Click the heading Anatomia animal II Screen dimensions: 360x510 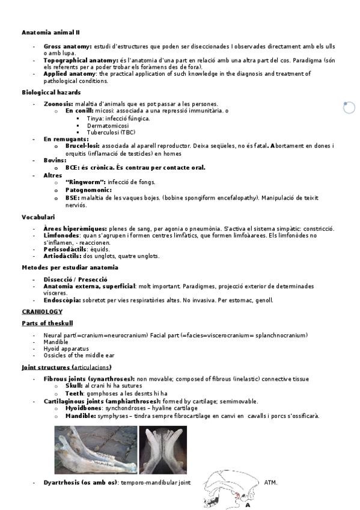pyautogui.click(x=50, y=32)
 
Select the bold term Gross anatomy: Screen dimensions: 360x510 pyautogui.click(x=67, y=46)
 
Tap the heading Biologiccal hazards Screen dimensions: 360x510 pyautogui.click(x=50, y=93)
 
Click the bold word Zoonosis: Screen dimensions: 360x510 pyautogui.click(x=58, y=103)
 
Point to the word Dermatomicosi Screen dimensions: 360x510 pyautogui.click(x=108, y=125)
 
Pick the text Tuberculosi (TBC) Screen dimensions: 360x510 pyautogui.click(x=111, y=132)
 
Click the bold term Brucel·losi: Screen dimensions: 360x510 pyautogui.click(x=83, y=146)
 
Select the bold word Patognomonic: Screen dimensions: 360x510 pyautogui.click(x=88, y=190)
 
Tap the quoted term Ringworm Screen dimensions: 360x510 pyautogui.click(x=85, y=182)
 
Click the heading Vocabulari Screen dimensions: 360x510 pyautogui.click(x=38, y=217)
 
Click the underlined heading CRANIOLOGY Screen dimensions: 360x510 pyautogui.click(x=42, y=312)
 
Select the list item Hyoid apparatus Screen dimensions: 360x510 pyautogui.click(x=66, y=348)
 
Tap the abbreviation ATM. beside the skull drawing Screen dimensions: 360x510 pyautogui.click(x=271, y=482)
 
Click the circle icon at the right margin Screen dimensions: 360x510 pyautogui.click(x=349, y=108)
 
